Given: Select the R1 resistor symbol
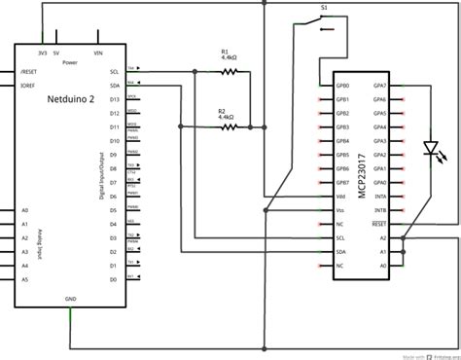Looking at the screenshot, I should pos(229,71).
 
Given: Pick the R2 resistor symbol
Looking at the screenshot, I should pos(229,126).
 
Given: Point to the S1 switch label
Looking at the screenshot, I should pos(324,8).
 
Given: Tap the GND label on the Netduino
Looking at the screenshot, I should pos(70,299).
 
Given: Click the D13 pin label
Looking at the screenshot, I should pos(114,98).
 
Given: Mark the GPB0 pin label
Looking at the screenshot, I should pos(342,85).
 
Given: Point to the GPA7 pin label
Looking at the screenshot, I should pos(380,85).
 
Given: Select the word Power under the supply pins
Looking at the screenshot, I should pos(69,62).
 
